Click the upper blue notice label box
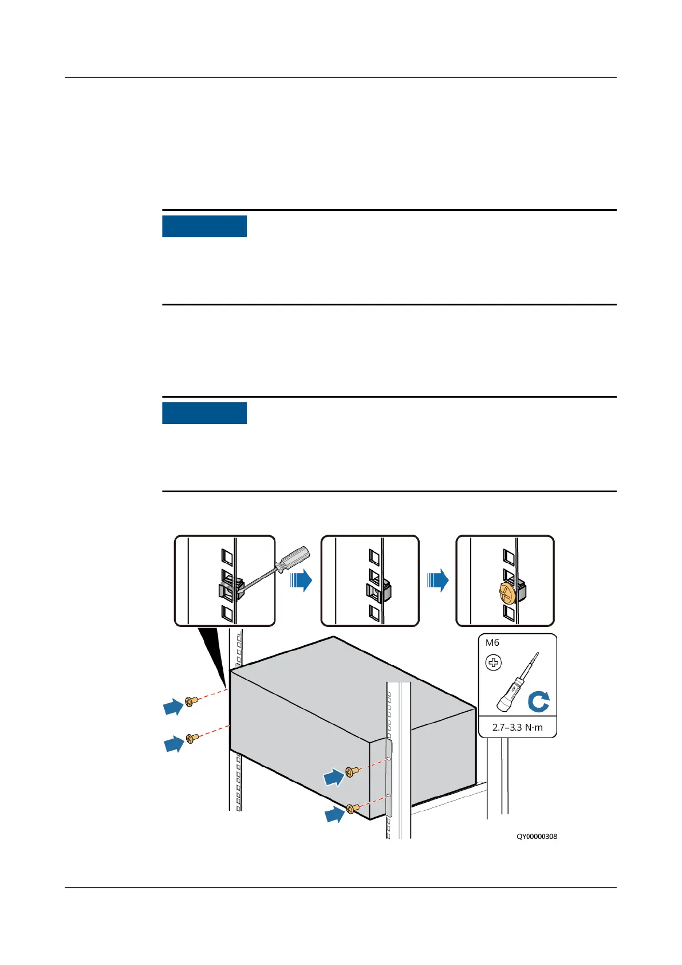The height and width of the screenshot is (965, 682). (204, 226)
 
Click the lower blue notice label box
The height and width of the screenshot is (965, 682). (204, 413)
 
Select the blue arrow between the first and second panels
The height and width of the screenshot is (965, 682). (301, 580)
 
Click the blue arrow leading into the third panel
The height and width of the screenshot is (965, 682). (438, 580)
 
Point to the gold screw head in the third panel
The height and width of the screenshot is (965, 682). (507, 593)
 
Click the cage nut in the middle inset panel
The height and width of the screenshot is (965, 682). (378, 591)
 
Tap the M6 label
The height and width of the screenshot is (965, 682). (492, 643)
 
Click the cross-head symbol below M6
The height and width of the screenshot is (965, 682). (493, 663)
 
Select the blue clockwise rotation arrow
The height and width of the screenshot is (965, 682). (538, 701)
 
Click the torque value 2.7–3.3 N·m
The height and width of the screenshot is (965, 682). (517, 728)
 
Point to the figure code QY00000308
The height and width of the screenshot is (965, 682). (537, 837)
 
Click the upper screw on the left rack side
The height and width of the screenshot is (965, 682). (191, 701)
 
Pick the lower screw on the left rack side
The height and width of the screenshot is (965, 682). (193, 738)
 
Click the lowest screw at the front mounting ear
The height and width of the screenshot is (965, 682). (352, 808)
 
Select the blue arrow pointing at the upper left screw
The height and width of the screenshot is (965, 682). (173, 707)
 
